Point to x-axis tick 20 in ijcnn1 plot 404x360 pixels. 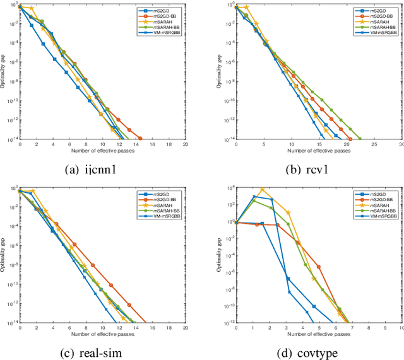186,144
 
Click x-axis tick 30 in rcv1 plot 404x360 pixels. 400,144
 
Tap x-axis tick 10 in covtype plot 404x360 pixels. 400,327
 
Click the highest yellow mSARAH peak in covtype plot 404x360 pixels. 262,189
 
